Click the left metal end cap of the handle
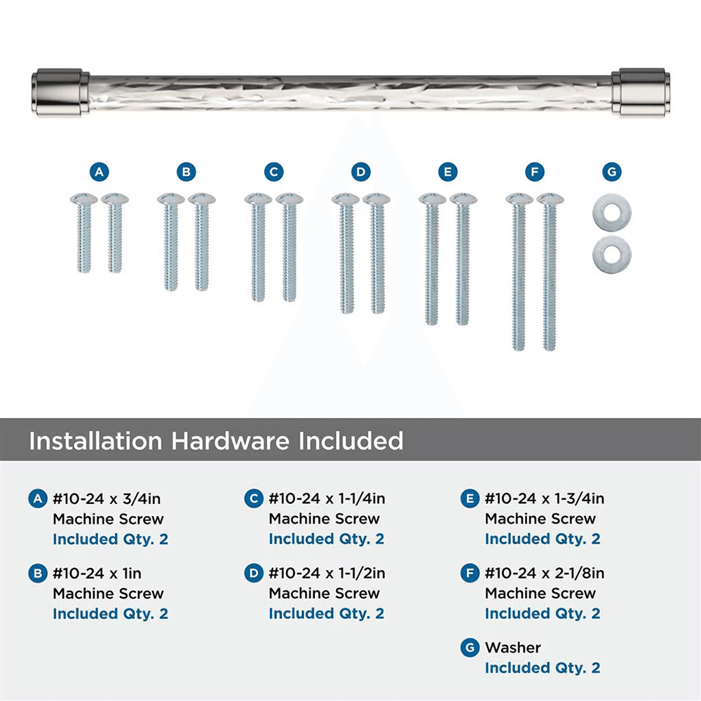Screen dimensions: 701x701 [x=62, y=91]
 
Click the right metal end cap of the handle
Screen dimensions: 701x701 [x=639, y=91]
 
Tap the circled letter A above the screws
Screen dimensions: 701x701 [x=100, y=172]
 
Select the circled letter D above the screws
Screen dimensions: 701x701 [x=360, y=172]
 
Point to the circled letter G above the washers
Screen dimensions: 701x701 [x=611, y=172]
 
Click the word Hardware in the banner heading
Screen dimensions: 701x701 [x=231, y=441]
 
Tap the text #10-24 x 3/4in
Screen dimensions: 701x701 [x=111, y=499]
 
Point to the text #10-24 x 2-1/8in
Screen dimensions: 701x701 [x=544, y=573]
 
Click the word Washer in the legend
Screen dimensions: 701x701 [x=512, y=648]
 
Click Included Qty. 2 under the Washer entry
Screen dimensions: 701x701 [x=542, y=668]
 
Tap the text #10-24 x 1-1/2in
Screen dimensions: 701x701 [x=327, y=573]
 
